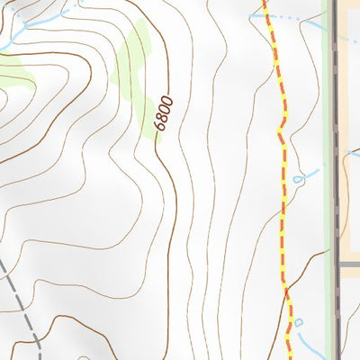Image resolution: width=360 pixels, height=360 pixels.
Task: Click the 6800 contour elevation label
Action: pyautogui.click(x=163, y=113)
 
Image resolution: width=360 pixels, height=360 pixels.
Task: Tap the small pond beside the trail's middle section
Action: pyautogui.click(x=298, y=180)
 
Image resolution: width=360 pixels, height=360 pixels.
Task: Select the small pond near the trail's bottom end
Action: pyautogui.click(x=300, y=321)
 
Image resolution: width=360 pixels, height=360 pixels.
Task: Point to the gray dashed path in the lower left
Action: pyautogui.click(x=22, y=297)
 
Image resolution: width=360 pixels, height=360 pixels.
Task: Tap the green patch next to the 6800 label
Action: pyautogui.click(x=137, y=72)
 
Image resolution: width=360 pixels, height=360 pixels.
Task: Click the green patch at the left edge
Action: pyautogui.click(x=16, y=74)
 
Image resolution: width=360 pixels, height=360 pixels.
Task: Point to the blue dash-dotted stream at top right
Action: pyautogui.click(x=301, y=18)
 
